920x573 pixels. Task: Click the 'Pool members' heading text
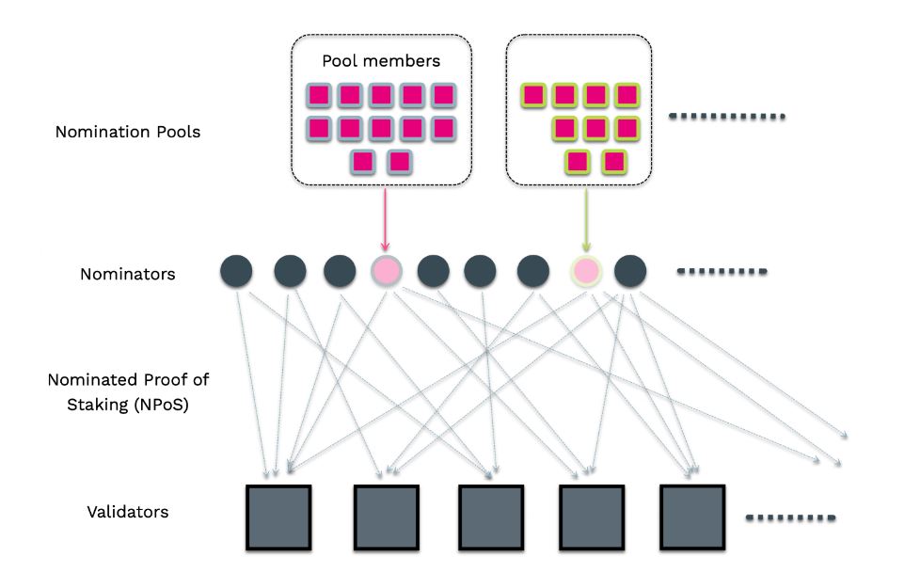(x=380, y=61)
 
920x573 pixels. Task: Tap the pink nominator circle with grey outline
(x=386, y=271)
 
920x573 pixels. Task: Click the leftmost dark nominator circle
(x=236, y=271)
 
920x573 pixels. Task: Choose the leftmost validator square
(x=279, y=517)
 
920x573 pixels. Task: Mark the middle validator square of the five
(x=490, y=517)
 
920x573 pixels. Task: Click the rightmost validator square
(x=693, y=517)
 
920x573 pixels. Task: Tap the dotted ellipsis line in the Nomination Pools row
(x=725, y=118)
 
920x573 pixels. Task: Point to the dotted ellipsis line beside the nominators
(x=723, y=273)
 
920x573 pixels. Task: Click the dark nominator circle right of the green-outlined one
(x=630, y=271)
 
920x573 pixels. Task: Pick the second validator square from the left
(x=386, y=517)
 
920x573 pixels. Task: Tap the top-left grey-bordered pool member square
(x=320, y=95)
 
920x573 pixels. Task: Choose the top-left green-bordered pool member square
(x=534, y=95)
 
